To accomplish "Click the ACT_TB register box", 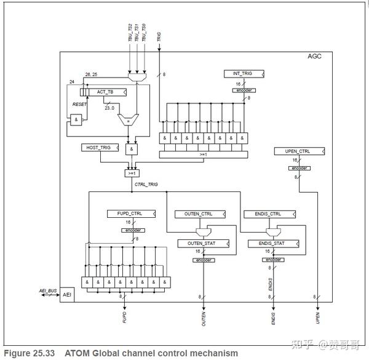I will pyautogui.click(x=105, y=92).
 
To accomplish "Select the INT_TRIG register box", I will pyautogui.click(x=244, y=74).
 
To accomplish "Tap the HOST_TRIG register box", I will pyautogui.click(x=100, y=148).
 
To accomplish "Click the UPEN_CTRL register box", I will pyautogui.click(x=300, y=151).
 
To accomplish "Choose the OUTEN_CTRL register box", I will pyautogui.click(x=197, y=214).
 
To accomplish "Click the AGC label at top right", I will pyautogui.click(x=314, y=57).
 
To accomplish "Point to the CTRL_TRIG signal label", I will pyautogui.click(x=147, y=183).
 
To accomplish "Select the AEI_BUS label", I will pyautogui.click(x=47, y=290).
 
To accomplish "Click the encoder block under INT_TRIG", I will pyautogui.click(x=244, y=90).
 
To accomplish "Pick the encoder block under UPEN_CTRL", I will pyautogui.click(x=300, y=168).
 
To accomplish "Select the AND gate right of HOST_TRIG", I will pyautogui.click(x=132, y=149).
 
